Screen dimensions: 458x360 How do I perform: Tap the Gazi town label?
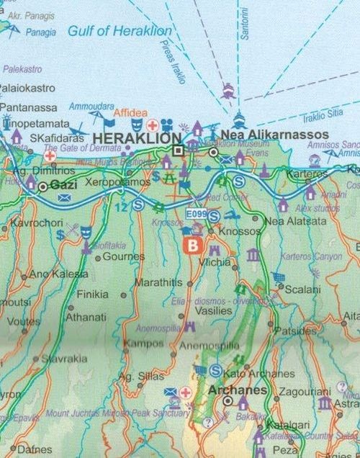pyautogui.click(x=63, y=186)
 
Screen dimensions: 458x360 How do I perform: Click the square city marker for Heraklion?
pyautogui.click(x=179, y=150)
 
